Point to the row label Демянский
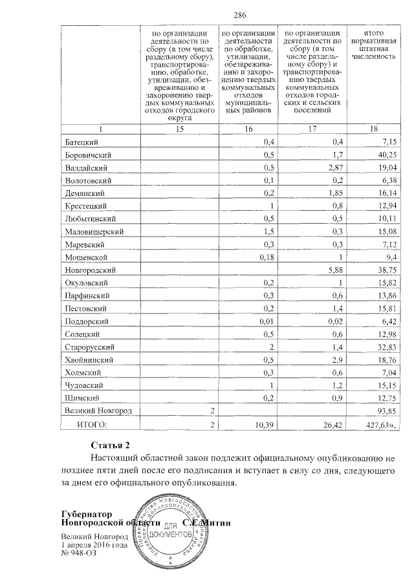click(x=85, y=193)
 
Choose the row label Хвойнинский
click(x=89, y=359)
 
